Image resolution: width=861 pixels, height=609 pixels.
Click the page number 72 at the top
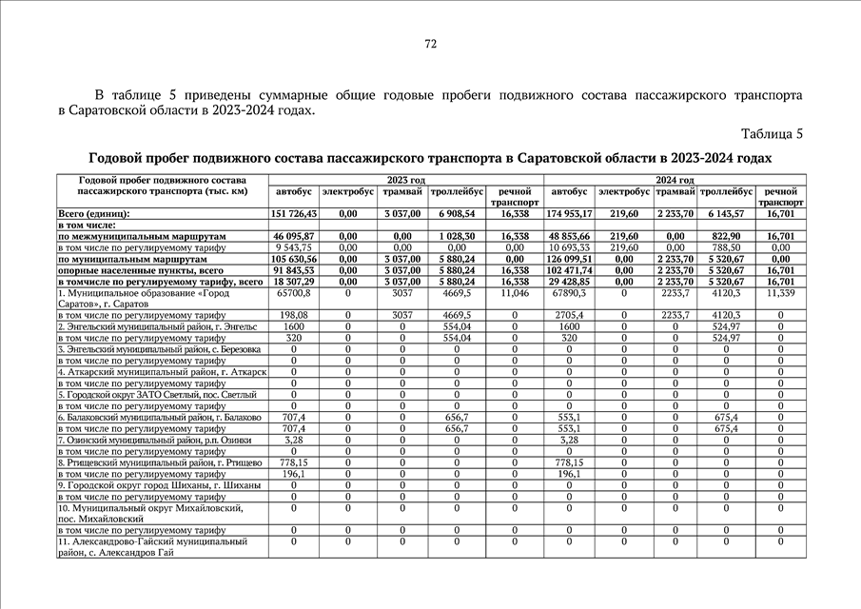430,44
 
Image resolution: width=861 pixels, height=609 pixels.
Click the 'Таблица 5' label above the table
772,133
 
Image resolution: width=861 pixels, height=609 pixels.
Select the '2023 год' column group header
406,180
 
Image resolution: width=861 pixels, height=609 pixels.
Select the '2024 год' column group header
675,180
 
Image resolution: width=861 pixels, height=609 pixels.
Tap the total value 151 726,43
294,214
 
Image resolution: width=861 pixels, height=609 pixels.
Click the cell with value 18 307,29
294,282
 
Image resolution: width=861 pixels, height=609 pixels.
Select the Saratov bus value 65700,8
294,293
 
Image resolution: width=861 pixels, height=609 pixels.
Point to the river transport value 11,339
780,293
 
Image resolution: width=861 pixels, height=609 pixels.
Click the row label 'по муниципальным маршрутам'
133,259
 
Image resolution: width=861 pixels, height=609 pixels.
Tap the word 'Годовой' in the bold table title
119,157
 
